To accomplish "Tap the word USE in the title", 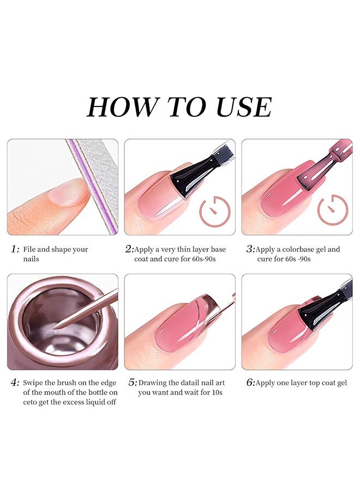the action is (x=244, y=107).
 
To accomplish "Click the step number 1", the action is (x=15, y=249).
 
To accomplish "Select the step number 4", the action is (x=15, y=382).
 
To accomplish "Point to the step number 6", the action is (x=250, y=382).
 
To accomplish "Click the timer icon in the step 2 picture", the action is (x=215, y=211).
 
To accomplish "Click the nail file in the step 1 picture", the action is (x=94, y=185).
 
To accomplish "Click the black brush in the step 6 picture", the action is (x=326, y=307).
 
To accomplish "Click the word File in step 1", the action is (x=29, y=249).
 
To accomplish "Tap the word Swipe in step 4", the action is (x=33, y=383).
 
